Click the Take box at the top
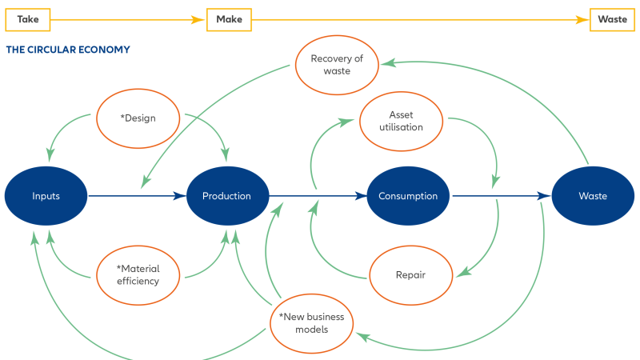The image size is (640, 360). click(28, 19)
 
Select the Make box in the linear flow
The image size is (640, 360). click(229, 19)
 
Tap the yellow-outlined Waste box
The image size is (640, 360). click(613, 19)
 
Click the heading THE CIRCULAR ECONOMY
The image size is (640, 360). click(68, 50)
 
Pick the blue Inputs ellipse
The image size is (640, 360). click(46, 196)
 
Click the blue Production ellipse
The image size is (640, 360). click(226, 196)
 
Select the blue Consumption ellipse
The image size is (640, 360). click(408, 196)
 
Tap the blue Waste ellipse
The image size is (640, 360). click(593, 196)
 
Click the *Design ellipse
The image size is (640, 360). click(138, 118)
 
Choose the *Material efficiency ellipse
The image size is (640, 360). click(139, 274)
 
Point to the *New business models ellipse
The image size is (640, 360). click(311, 323)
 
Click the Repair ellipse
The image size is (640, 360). click(410, 275)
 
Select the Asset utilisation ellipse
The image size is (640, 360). click(401, 121)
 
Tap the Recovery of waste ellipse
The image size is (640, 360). click(337, 65)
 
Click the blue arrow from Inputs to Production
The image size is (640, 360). click(136, 196)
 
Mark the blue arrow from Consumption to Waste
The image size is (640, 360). click(502, 196)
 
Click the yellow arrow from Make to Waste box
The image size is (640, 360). click(420, 19)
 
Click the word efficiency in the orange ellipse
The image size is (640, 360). click(139, 281)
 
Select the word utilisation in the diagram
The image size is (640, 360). click(401, 127)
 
